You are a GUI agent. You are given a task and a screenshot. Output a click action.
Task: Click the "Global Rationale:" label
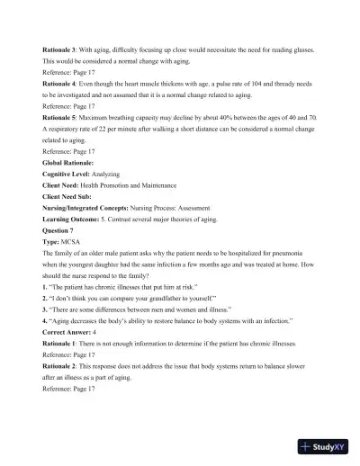click(x=68, y=165)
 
